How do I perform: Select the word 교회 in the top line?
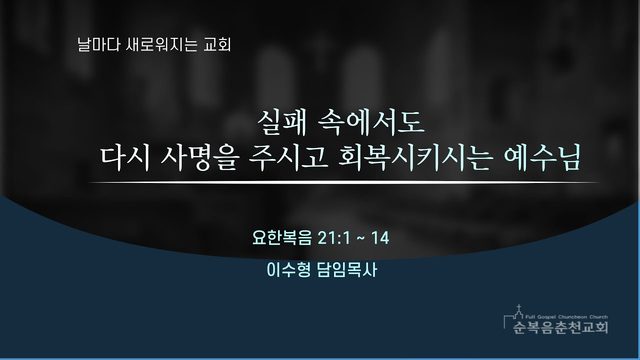tap(217, 44)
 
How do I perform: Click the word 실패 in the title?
tap(282, 122)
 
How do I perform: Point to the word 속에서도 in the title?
tap(371, 122)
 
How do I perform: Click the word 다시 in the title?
tap(125, 158)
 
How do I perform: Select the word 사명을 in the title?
tap(199, 158)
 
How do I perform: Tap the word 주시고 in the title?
tap(289, 158)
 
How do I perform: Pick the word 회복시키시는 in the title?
tap(414, 158)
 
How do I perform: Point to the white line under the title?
tap(344, 182)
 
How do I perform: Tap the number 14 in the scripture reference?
tap(380, 238)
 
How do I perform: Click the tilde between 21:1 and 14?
tap(360, 238)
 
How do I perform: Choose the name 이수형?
tap(289, 270)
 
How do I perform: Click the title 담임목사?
tap(347, 270)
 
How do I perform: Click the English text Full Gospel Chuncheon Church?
tap(567, 317)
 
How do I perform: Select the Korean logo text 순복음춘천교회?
tap(560, 327)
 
